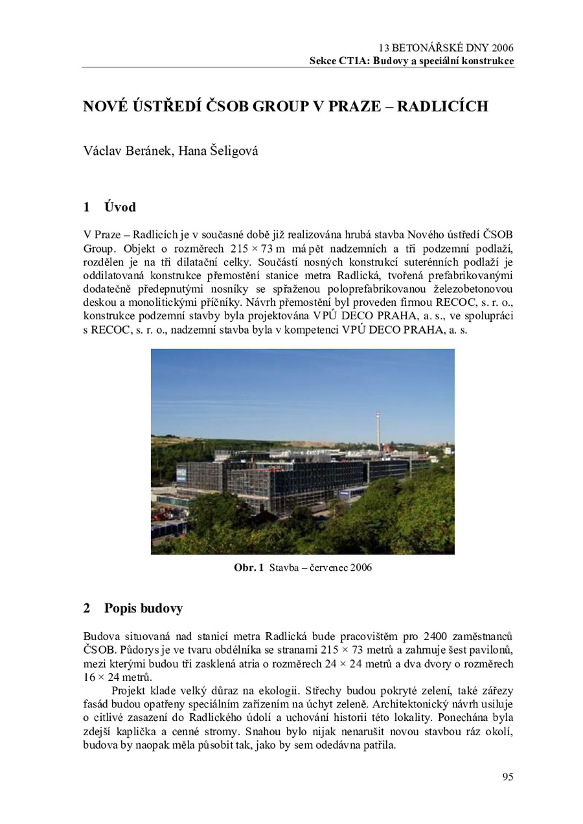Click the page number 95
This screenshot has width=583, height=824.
tap(507, 777)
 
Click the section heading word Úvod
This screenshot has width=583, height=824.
tap(120, 207)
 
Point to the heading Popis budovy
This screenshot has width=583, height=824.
tap(143, 608)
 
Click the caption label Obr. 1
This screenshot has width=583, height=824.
tap(249, 568)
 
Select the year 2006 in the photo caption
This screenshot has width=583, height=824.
tap(360, 568)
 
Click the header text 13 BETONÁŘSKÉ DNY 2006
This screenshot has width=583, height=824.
tap(446, 48)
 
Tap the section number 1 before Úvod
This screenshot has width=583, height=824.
tap(86, 207)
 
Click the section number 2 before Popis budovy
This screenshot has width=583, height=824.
tap(86, 608)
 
